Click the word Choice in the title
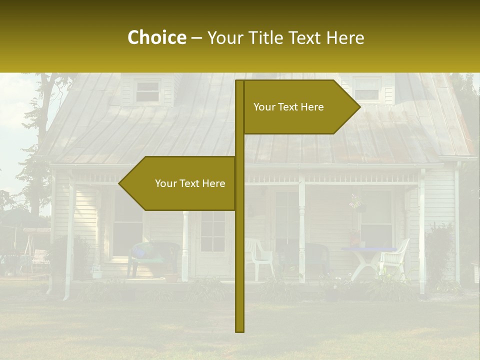coord(156,37)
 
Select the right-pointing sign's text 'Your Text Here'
coord(288,107)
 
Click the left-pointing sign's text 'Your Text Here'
coord(190,183)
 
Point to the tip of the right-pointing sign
coord(359,106)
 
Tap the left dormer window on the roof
coord(147,91)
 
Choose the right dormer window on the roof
coord(366,89)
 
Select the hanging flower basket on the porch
coord(356,202)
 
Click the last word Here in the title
coord(345,37)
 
